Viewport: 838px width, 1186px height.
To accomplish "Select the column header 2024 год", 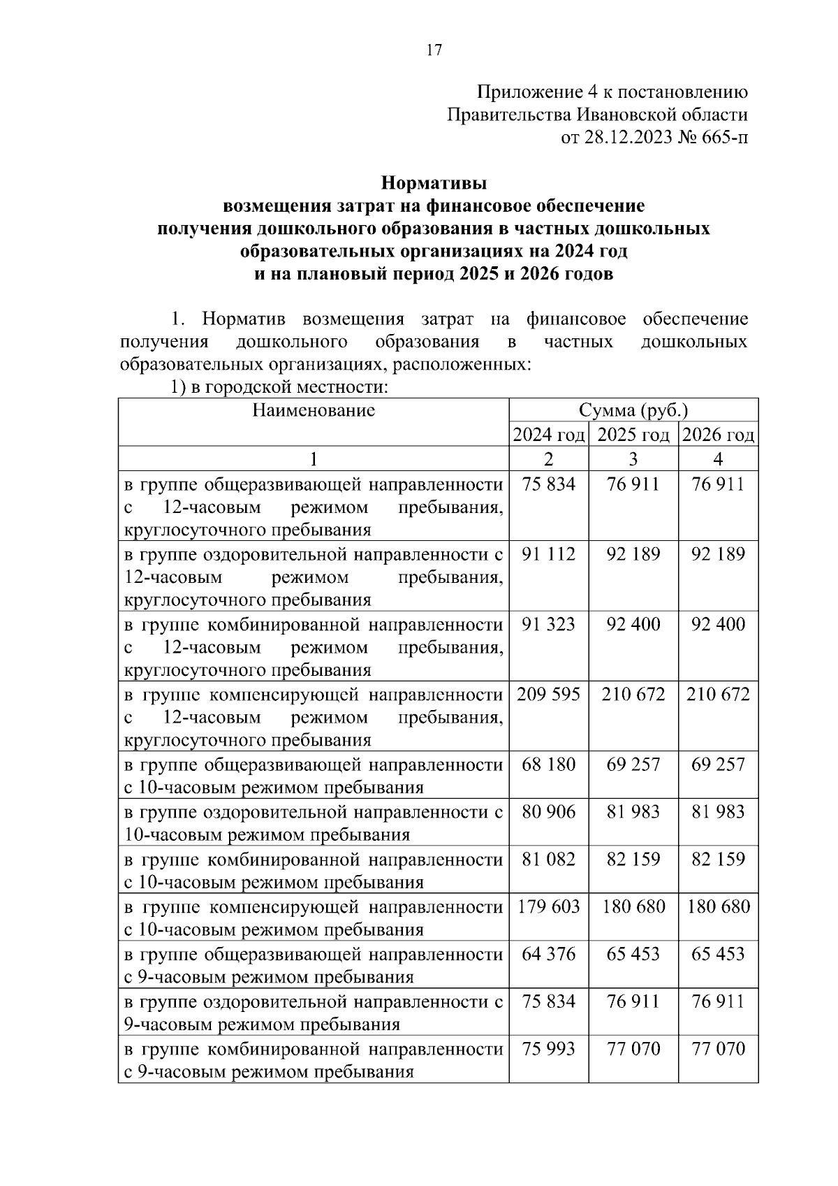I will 549,435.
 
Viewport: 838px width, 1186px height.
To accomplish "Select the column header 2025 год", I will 633,435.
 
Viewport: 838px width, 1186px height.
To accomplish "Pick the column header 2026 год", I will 718,435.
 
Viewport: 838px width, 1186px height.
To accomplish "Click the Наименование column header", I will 314,410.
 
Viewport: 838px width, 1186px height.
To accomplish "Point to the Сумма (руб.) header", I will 633,410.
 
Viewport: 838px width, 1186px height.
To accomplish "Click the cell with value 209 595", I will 549,695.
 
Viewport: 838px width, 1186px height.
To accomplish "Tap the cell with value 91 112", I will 549,554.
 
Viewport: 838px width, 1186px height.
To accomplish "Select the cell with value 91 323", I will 549,624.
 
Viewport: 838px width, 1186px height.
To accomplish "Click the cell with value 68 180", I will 549,765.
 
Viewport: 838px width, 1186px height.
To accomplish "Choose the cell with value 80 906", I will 549,812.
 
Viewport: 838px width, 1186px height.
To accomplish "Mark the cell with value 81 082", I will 549,860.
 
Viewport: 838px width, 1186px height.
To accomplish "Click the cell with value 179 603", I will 549,907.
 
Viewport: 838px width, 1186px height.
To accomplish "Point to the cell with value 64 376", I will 549,955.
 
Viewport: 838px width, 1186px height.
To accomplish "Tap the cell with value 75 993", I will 549,1049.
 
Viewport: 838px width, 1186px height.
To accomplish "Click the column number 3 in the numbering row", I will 633,459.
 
